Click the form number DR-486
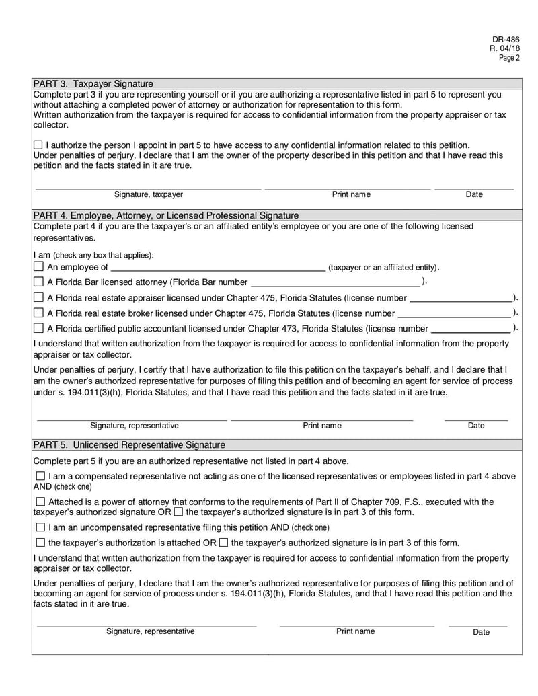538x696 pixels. [508, 39]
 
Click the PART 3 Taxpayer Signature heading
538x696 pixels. [93, 84]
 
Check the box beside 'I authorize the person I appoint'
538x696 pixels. [38, 145]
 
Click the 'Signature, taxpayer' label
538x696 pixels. [148, 194]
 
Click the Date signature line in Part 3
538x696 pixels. [473, 187]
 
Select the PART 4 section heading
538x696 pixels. [165, 215]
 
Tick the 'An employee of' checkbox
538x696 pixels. [38, 267]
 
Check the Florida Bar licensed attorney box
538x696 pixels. [38, 282]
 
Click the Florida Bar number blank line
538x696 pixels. [334, 283]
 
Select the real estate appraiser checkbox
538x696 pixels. [38, 298]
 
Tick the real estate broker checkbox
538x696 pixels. [38, 313]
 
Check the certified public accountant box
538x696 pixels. [38, 328]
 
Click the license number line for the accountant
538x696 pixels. [469, 330]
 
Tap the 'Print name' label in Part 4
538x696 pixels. [321, 426]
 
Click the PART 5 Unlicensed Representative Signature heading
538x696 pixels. [129, 445]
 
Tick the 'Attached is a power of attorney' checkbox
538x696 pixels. [40, 502]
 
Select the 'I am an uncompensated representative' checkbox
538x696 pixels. [40, 527]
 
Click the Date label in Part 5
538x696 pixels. [481, 632]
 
